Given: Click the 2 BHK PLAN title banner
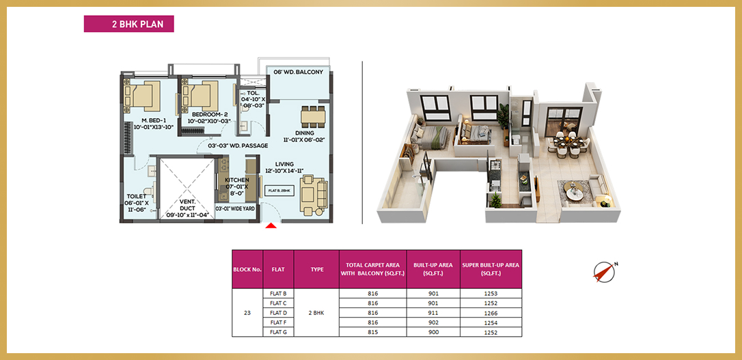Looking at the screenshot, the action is click(128, 24).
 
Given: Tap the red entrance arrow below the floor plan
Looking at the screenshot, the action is click(271, 225).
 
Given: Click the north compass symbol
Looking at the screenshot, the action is click(605, 272).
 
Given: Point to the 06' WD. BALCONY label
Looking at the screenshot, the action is click(298, 72).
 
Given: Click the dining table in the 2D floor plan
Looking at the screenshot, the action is click(314, 116).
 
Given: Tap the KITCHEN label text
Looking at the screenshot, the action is click(237, 180).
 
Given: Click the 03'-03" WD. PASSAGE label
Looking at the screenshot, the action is click(238, 146).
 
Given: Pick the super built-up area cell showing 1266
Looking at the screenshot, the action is click(491, 313).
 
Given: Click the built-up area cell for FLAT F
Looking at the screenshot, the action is click(433, 322).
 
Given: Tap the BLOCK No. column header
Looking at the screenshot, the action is click(247, 269).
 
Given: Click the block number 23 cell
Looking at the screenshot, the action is click(247, 313).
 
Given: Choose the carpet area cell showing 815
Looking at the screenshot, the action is click(373, 332).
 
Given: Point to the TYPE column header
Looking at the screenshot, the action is click(316, 269).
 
